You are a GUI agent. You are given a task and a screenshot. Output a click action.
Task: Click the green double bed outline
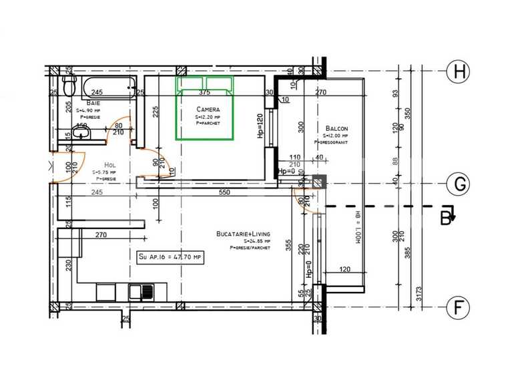point(204,108)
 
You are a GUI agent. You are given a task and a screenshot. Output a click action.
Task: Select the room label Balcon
point(336,128)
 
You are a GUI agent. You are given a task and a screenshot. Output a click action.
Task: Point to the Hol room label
point(110,165)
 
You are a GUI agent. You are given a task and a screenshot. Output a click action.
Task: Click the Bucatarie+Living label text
point(243,234)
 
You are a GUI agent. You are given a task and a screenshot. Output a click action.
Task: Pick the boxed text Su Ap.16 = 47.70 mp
point(170,256)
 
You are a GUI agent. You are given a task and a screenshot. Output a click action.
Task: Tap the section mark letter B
point(445,216)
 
